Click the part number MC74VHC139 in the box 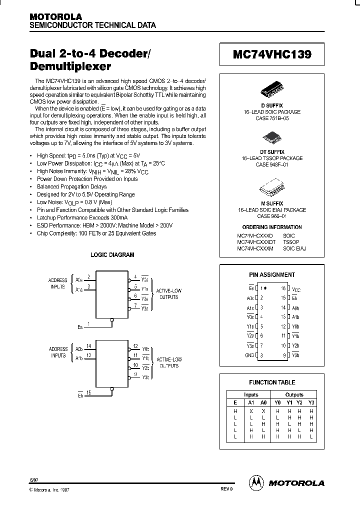(272, 55)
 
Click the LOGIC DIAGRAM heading (112, 254)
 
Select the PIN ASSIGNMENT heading (272, 274)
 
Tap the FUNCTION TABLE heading (272, 382)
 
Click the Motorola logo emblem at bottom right (256, 482)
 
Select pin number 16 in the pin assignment (283, 288)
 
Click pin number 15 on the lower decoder (89, 392)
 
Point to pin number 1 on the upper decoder (88, 323)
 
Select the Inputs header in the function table (251, 394)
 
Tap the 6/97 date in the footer (33, 479)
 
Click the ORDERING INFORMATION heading (272, 226)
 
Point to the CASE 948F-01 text (272, 165)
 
